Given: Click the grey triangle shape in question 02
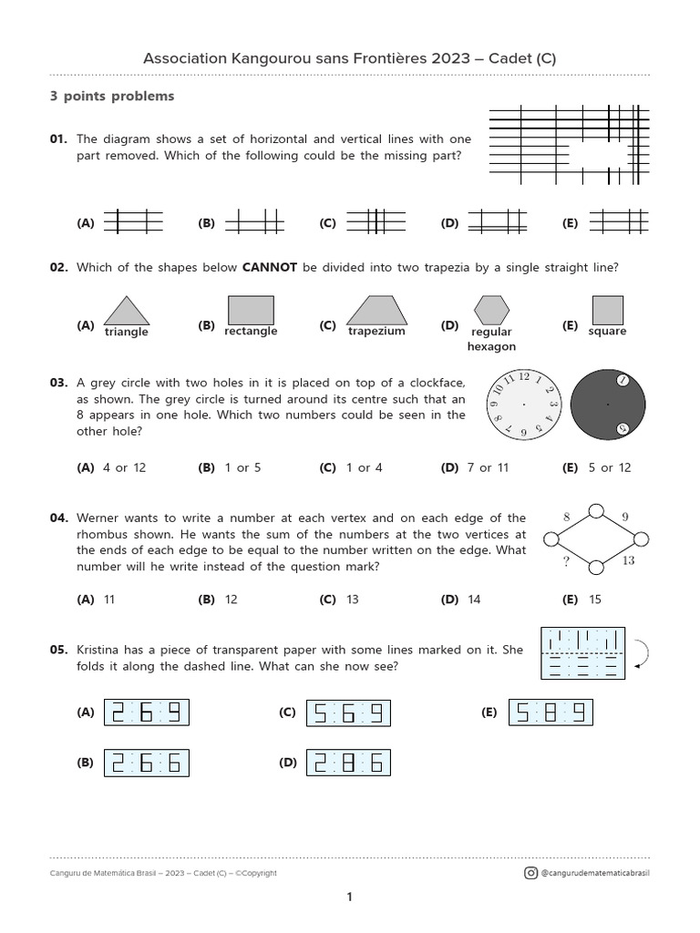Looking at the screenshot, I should pos(127,313).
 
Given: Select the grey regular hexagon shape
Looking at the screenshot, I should pos(491,310).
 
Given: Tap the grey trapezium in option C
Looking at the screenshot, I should pos(376,310).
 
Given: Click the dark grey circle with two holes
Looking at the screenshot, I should pos(608,404).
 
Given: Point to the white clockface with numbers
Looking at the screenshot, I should pos(525,404).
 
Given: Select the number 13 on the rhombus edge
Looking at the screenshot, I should pos(628,561).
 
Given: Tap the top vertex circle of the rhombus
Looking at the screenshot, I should pos(596,510).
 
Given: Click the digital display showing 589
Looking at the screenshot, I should pos(551,713).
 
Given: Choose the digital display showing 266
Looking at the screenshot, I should pos(147,763).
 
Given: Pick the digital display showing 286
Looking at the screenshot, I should pos(348,763).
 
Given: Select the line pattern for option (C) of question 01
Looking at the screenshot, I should pos(375,221).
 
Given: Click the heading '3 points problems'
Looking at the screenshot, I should pos(112,96).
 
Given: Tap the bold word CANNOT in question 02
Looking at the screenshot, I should pos(270,267).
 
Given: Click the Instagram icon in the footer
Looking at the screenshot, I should pos(530,873).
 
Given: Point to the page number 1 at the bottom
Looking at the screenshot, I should pos(349,897).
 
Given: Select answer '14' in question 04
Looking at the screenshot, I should pos(474,600).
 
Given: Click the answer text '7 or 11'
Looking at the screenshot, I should pos(487,467).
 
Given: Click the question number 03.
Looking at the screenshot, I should pos(59,384).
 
